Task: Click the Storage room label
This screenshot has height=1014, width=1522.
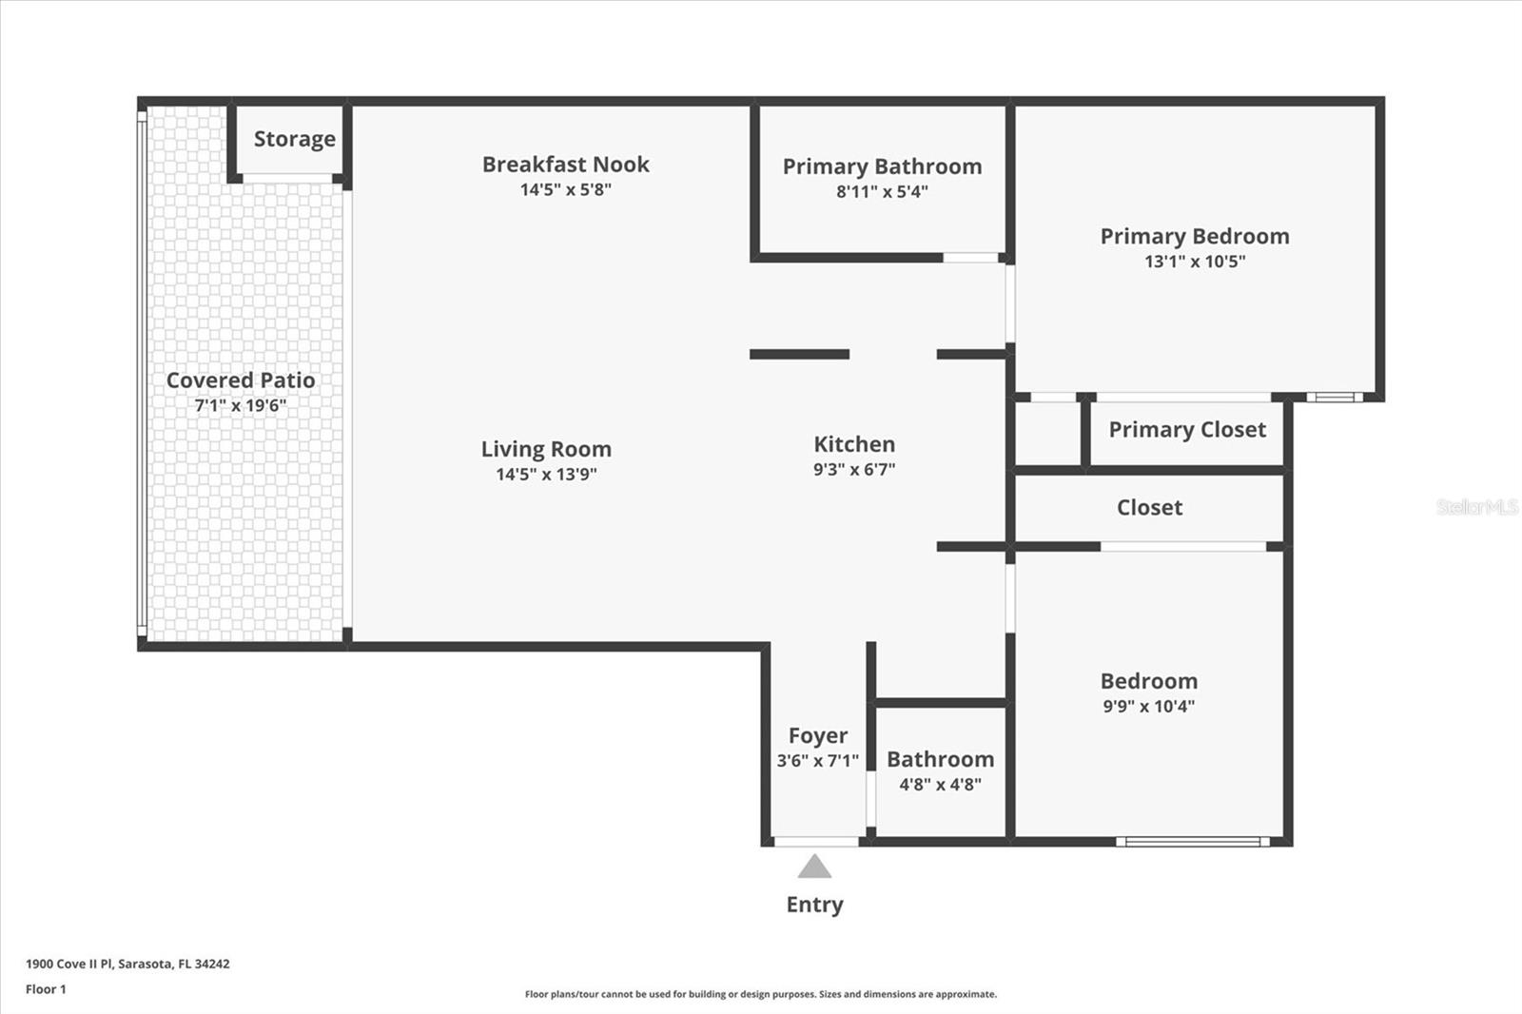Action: (294, 139)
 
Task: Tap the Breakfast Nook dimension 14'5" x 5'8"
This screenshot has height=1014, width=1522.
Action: (565, 189)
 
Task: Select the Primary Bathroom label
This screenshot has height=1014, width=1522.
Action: (882, 166)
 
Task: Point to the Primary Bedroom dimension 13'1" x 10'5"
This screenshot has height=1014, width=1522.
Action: (1195, 262)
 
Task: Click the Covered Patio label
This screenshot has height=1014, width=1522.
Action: (241, 380)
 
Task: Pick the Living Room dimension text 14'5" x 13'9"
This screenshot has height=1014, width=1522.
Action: (546, 474)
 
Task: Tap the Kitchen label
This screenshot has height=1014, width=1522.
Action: (854, 444)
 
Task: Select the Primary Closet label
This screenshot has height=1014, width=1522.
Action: (1187, 430)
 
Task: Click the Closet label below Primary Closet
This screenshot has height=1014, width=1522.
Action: (1149, 508)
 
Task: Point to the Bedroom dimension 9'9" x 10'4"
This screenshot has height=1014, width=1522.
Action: (1148, 706)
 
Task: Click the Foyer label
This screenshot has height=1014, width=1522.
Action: (817, 735)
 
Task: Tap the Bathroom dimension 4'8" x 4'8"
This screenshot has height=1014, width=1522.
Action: (940, 785)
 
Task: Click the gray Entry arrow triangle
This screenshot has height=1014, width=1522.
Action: (814, 868)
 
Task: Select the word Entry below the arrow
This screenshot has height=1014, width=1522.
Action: (814, 905)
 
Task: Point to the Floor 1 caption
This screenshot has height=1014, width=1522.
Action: (46, 989)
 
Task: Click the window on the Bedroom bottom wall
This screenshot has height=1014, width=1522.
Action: (1192, 841)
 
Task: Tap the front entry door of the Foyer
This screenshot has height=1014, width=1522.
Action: (816, 841)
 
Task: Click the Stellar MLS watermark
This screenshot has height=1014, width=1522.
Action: (1476, 507)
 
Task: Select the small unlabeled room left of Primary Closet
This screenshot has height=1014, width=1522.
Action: (1047, 434)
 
